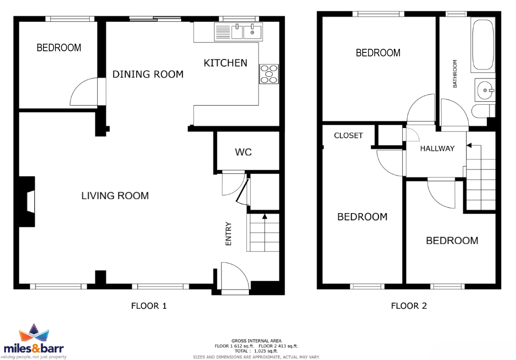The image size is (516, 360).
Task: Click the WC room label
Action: point(243,152)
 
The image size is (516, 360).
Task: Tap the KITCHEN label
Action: point(226,63)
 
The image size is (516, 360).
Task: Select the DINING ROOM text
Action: point(148,74)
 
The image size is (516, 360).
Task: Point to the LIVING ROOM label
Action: point(115,196)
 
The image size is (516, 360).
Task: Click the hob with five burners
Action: point(269,74)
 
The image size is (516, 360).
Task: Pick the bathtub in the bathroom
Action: point(483,45)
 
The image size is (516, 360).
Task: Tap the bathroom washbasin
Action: point(485,90)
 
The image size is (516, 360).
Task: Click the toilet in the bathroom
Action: point(483,111)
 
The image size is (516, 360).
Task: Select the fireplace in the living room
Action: point(27,202)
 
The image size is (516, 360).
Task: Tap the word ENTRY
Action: point(228,234)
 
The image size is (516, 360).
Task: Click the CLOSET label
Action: point(348,135)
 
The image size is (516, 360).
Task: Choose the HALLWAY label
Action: point(437,148)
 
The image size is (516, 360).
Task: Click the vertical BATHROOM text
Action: point(455,74)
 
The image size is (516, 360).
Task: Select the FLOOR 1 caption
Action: point(149,306)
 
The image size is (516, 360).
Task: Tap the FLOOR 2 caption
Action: point(409,306)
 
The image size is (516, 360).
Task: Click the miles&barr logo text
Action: point(33,348)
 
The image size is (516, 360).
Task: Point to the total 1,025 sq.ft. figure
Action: point(266,351)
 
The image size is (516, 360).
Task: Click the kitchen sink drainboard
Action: point(223,32)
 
